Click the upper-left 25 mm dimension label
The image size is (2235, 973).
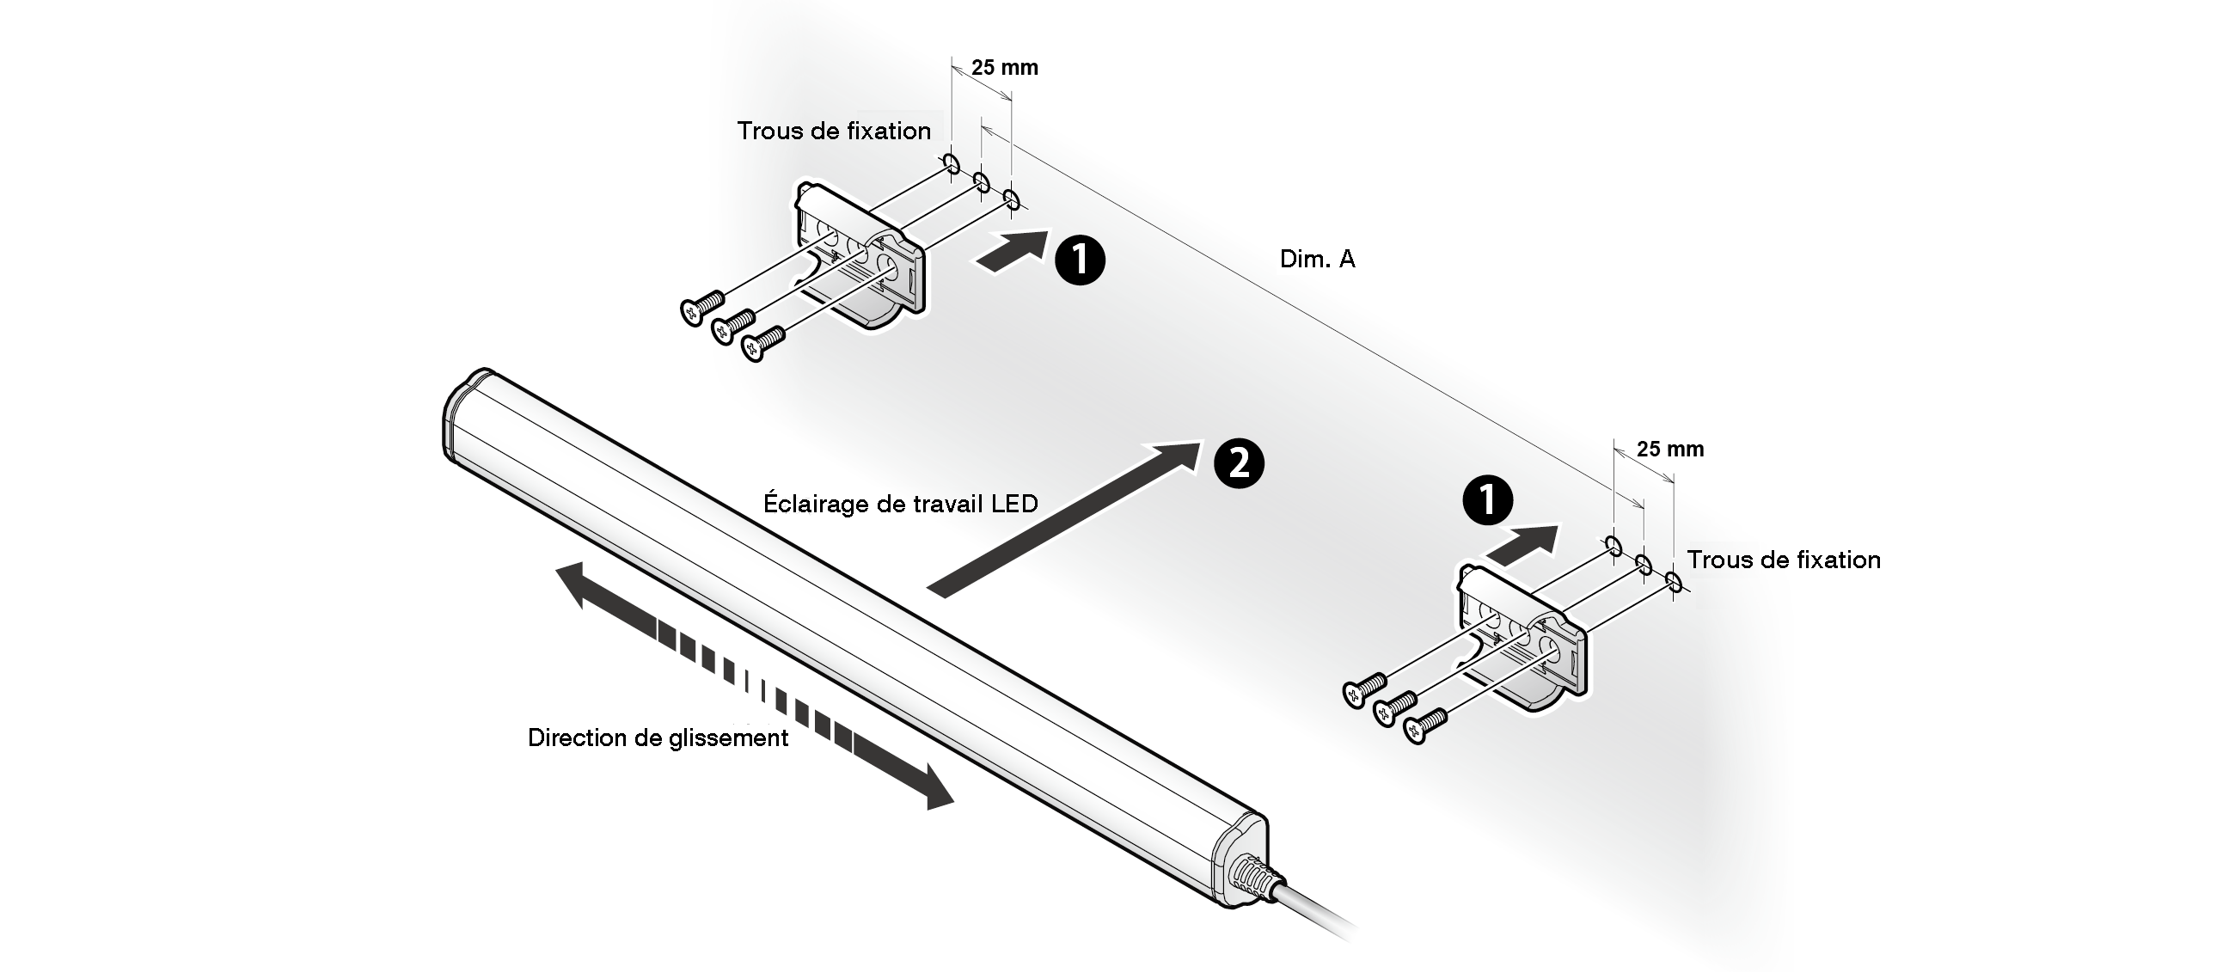1005,68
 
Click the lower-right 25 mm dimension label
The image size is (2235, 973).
1670,450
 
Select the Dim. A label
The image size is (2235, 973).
1316,260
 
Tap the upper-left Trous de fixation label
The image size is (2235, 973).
834,131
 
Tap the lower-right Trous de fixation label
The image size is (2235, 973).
1783,560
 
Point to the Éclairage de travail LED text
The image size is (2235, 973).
901,504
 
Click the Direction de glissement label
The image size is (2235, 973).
658,738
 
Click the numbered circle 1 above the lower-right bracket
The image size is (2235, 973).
1487,500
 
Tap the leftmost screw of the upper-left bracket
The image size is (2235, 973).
701,306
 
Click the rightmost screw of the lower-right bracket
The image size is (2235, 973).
1424,725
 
